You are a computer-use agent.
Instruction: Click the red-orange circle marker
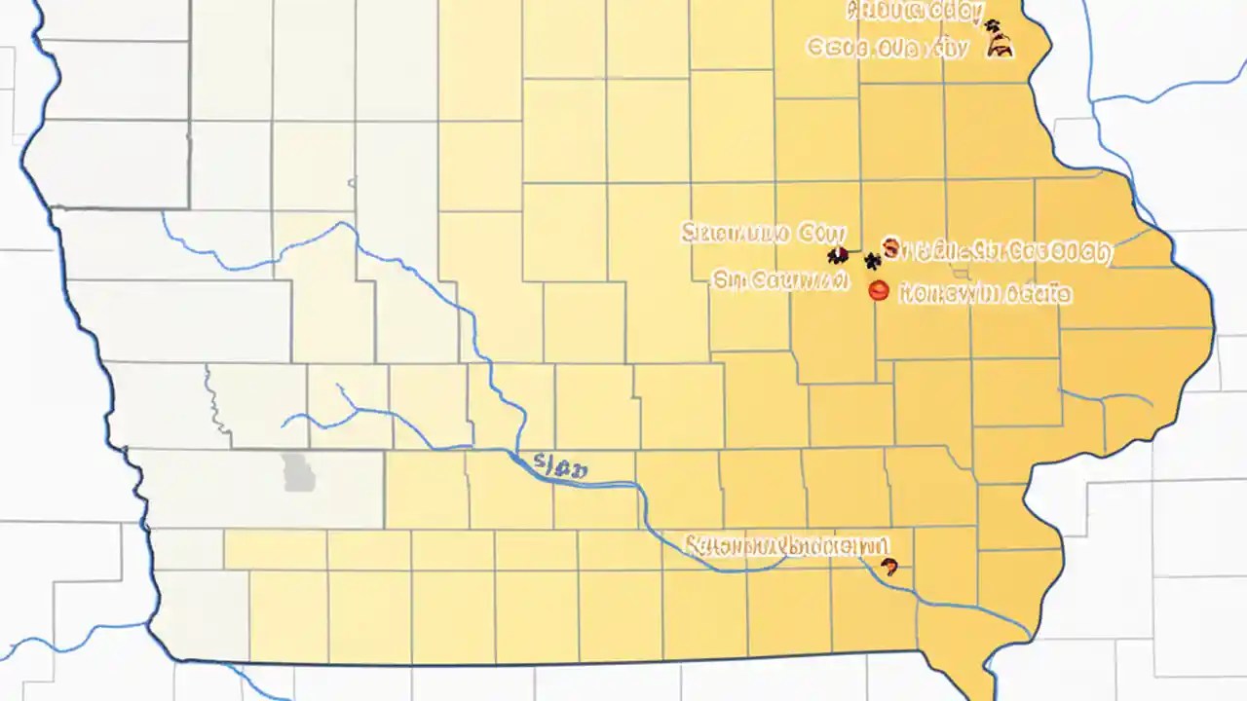coord(879,289)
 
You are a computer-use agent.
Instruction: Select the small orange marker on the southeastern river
coord(887,566)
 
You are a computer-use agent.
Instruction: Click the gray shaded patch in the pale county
coord(298,472)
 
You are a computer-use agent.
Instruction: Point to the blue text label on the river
coord(559,467)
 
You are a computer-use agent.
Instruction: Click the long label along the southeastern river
coord(785,545)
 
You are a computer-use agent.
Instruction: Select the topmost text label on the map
coord(914,12)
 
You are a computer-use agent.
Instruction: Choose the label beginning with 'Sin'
coord(777,280)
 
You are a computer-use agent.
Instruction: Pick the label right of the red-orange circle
coord(984,291)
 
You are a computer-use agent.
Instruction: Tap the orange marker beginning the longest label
coord(889,245)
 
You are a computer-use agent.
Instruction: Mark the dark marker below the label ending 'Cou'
coord(836,256)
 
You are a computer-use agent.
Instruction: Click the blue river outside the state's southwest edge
coord(58,643)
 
